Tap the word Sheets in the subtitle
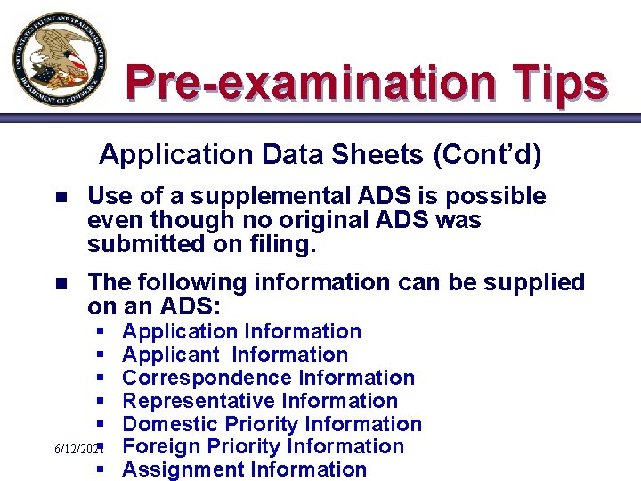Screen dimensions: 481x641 [380, 155]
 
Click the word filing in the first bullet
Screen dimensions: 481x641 [284, 243]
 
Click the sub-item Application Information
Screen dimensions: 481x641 [241, 331]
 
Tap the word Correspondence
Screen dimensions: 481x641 [207, 378]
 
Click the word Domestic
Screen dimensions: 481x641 [169, 424]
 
